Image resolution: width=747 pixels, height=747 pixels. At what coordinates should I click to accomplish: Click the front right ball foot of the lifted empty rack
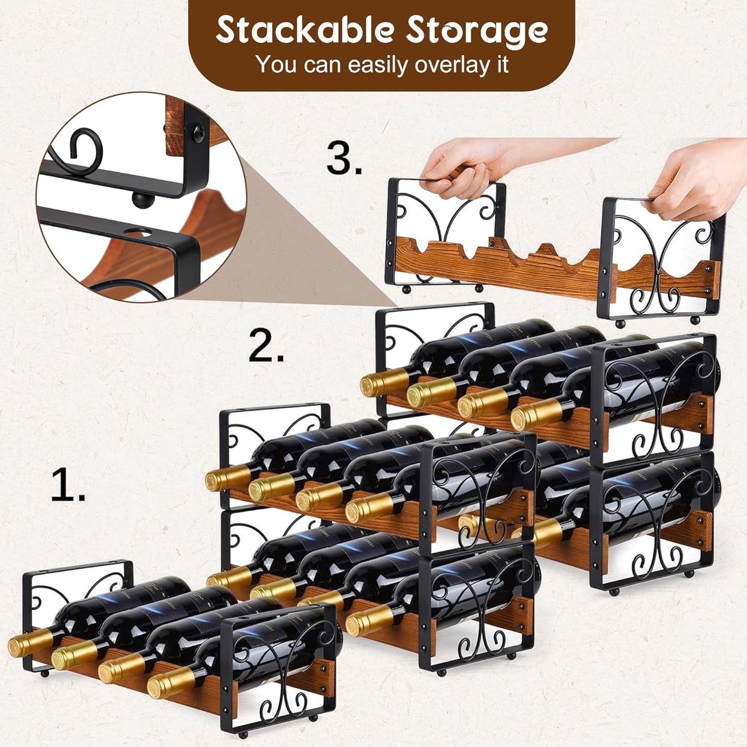tap(694, 321)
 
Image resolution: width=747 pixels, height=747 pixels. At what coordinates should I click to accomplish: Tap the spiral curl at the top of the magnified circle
tap(85, 147)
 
